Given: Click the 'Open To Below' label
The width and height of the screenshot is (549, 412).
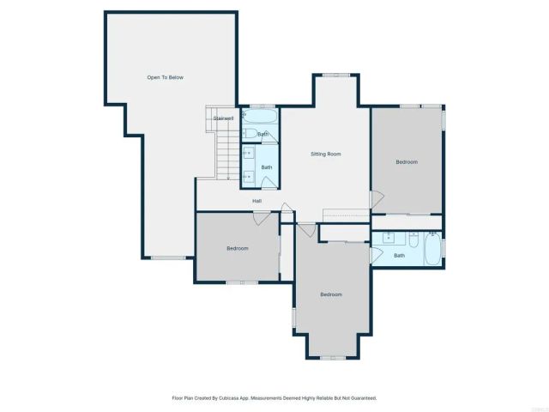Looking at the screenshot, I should coord(165,77).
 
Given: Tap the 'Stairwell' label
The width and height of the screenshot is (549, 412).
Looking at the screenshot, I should coord(224,118).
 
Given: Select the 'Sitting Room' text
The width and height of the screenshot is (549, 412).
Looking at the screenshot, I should coord(326,154).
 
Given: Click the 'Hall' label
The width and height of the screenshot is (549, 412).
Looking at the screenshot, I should coord(256,201).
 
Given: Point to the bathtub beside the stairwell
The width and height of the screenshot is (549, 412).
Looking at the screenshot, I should coord(259,116).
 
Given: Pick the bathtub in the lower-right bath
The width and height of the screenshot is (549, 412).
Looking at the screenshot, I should coord(432,249).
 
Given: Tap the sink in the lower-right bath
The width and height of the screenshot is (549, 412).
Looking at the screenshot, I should coord(388,236).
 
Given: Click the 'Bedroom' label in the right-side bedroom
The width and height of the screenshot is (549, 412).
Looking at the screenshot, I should coord(407,161).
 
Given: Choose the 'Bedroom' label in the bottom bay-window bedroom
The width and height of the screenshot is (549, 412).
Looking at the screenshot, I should coord(331,294).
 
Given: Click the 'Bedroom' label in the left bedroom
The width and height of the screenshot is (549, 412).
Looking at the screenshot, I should coord(237,248).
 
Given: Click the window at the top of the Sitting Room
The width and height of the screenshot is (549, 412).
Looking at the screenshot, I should coord(335,75).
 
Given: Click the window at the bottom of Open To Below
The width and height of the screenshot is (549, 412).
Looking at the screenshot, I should coord(166,257).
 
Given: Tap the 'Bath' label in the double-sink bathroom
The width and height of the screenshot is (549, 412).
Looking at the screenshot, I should coord(267,167).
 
